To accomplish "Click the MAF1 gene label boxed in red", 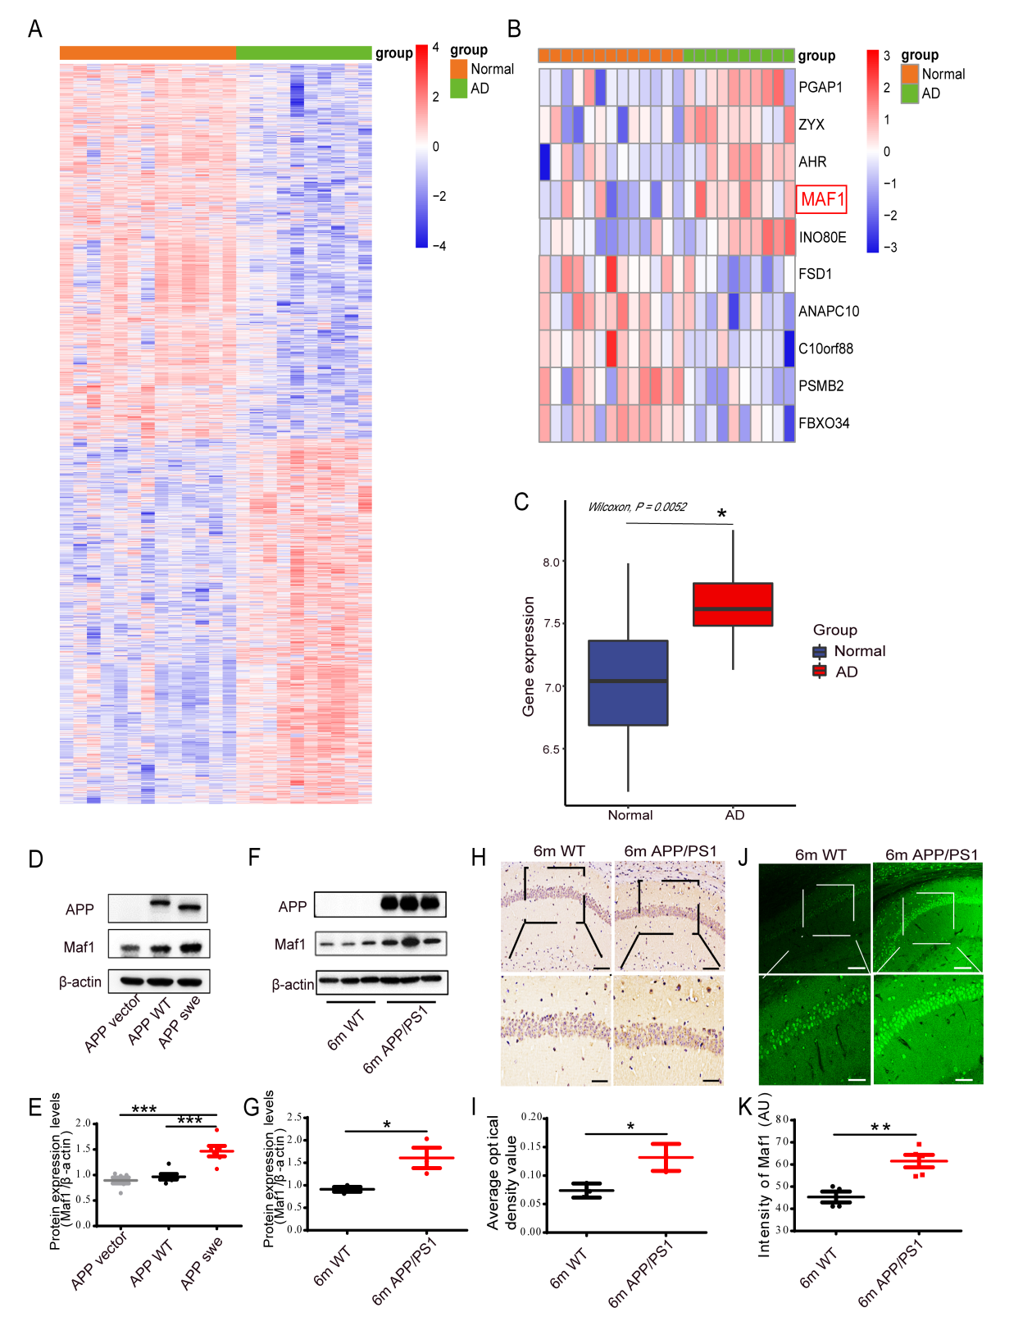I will point(821,199).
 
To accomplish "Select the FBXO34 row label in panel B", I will point(824,423).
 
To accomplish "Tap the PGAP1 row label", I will point(821,87).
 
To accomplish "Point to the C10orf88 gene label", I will point(825,349).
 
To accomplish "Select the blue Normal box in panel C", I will point(628,682).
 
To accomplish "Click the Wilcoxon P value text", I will point(637,507).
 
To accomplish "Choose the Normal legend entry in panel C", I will point(859,651).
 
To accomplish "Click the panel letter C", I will point(521,502).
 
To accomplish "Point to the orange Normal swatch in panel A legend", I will point(458,69).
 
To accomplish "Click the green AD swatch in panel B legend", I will point(910,93).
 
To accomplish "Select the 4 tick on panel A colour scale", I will point(436,48).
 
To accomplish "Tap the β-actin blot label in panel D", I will point(80,982).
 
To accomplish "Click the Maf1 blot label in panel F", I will point(289,945).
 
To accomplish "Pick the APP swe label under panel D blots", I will point(180,1022).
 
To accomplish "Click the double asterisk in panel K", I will point(880,1128).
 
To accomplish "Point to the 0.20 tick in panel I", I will point(532,1117).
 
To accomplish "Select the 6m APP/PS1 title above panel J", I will point(931,854).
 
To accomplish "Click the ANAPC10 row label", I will point(829,311).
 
